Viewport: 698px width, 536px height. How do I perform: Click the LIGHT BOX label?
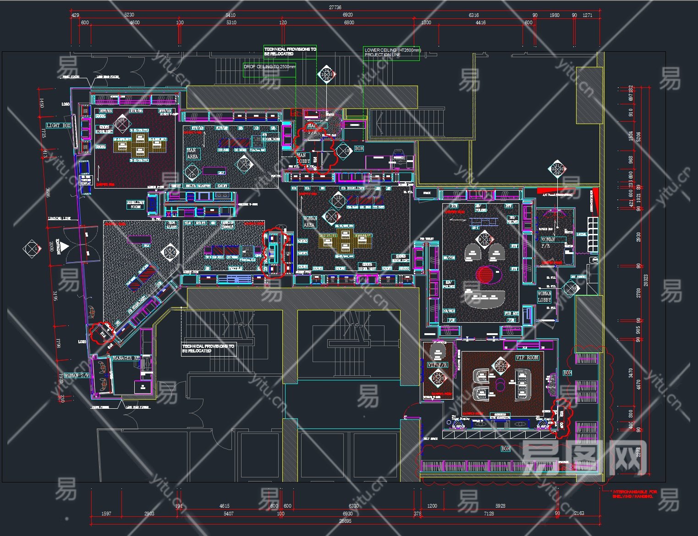pyautogui.click(x=59, y=125)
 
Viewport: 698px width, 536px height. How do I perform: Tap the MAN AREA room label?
pyautogui.click(x=192, y=153)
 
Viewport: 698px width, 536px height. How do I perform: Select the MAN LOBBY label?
pyautogui.click(x=303, y=158)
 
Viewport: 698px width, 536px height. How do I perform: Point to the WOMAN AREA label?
pyautogui.click(x=309, y=222)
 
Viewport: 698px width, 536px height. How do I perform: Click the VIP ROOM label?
pyautogui.click(x=528, y=357)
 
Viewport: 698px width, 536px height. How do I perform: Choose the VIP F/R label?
pyautogui.click(x=437, y=365)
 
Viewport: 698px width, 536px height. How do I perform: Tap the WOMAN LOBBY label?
pyautogui.click(x=544, y=297)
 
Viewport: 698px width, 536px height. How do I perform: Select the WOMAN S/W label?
pyautogui.click(x=77, y=375)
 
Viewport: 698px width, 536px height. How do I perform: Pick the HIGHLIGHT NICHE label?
pyautogui.click(x=136, y=205)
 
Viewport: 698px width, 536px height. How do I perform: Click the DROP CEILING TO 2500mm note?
pyautogui.click(x=269, y=67)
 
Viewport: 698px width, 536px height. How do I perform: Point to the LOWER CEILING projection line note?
pyautogui.click(x=392, y=52)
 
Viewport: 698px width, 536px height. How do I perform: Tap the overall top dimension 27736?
pyautogui.click(x=335, y=7)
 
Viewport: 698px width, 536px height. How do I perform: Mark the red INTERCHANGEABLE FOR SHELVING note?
pyautogui.click(x=634, y=494)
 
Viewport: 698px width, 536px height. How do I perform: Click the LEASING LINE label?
pyautogui.click(x=60, y=218)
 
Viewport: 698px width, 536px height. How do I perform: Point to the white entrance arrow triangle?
pyautogui.click(x=65, y=246)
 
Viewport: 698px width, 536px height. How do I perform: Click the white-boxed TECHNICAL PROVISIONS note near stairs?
pyautogui.click(x=208, y=349)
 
